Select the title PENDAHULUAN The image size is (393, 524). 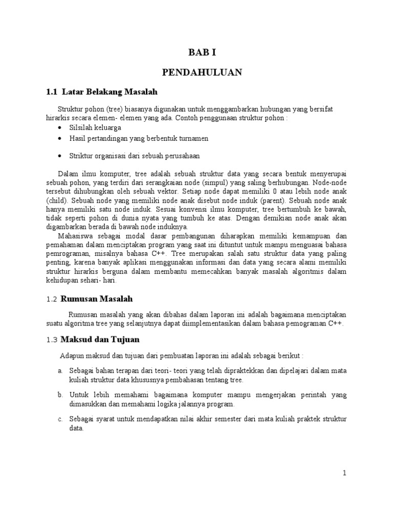202,73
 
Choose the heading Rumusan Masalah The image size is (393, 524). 97,299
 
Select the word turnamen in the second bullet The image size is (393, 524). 193,138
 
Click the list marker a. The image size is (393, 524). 60,370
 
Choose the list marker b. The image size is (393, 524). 60,395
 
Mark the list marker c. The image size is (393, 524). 60,419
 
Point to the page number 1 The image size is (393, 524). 345,473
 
